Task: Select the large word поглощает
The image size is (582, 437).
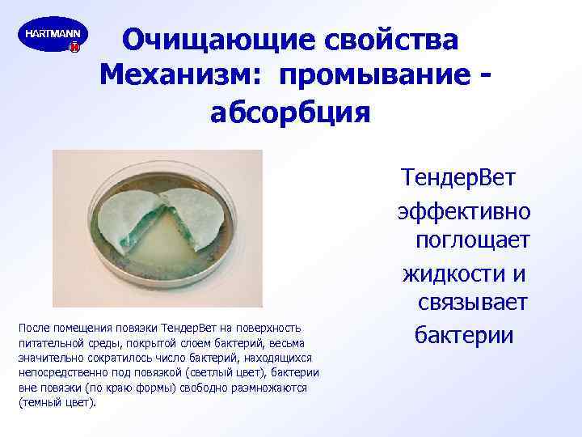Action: [x=472, y=240]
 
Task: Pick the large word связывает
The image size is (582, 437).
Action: [x=473, y=302]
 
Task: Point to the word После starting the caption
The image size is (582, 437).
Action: [x=33, y=328]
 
